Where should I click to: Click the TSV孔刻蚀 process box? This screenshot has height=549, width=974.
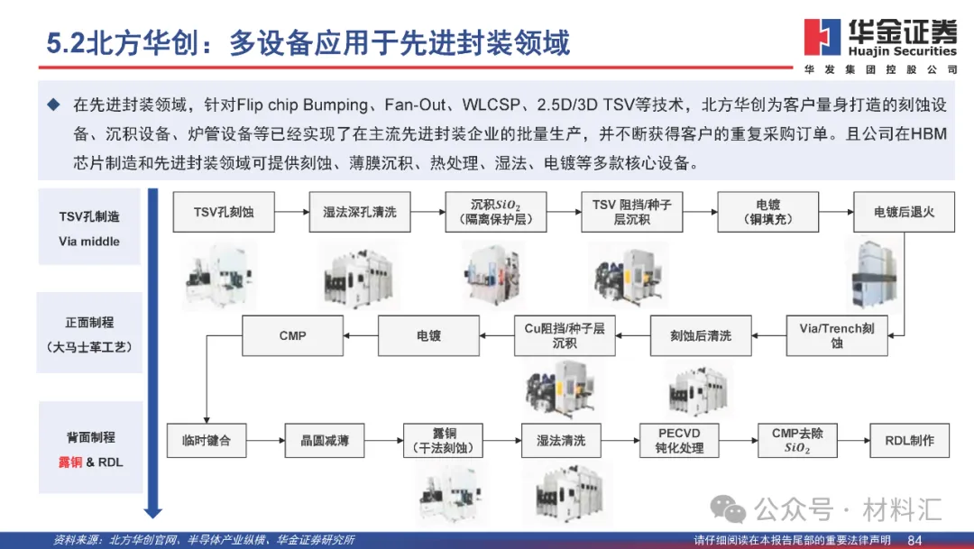(224, 213)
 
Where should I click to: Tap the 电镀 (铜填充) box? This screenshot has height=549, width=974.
(767, 213)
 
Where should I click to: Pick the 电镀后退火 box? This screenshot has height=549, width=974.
(904, 213)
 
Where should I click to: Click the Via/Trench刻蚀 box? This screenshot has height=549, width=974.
(837, 335)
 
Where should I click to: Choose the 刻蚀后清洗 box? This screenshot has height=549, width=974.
(701, 335)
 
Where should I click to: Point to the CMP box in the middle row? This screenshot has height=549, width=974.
(293, 335)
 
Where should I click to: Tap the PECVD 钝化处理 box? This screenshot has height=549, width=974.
(679, 441)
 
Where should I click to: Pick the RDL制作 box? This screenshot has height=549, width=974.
(909, 441)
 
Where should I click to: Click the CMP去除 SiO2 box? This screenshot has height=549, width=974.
(797, 441)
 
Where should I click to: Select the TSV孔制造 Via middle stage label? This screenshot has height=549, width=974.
(88, 228)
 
